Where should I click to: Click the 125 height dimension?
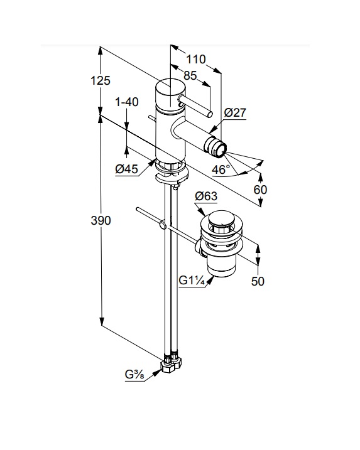pos(101,80)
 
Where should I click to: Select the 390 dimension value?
pos(101,220)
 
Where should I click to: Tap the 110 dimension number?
pos(196,60)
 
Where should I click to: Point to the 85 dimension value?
pos(190,75)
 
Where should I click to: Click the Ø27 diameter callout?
pos(235,112)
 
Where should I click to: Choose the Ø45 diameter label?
pos(126,169)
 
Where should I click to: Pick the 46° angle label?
pos(221,169)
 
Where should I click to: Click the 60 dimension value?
pos(260,190)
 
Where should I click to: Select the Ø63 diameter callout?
pos(206,196)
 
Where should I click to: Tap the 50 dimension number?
pos(258,281)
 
